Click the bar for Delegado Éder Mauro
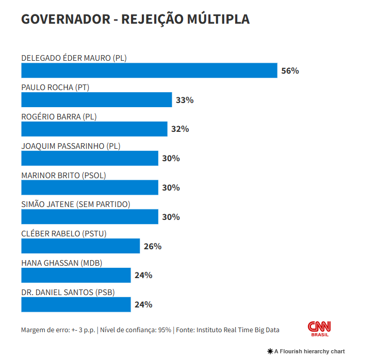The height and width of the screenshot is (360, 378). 149,71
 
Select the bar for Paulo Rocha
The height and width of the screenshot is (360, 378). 96,100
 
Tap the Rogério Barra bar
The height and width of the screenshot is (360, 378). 94,129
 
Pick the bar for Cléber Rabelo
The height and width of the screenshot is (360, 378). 80,246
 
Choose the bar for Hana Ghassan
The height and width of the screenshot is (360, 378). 76,275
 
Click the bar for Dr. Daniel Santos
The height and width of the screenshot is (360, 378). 76,304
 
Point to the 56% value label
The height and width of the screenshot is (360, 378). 290,71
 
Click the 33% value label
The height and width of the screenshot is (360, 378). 185,100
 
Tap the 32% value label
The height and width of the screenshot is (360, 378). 180,129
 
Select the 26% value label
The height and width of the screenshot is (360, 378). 153,246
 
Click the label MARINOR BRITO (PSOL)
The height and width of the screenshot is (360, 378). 63,175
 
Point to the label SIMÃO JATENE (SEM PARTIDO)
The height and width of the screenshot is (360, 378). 76,204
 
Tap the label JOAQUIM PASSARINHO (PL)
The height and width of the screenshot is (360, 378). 71,146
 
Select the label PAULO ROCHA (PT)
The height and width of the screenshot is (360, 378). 55,87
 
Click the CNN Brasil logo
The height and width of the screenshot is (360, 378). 319,329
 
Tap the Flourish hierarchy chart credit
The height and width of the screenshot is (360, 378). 306,351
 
